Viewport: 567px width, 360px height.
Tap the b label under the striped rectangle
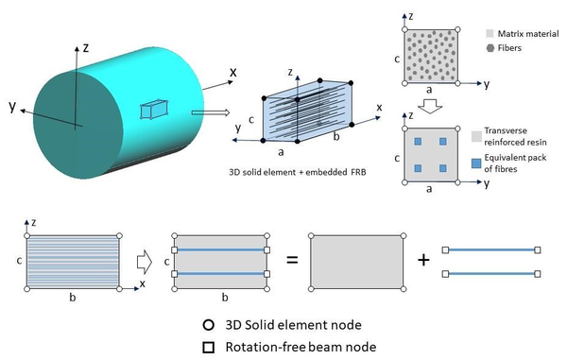pyautogui.click(x=74, y=296)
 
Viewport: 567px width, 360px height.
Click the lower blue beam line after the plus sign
pyautogui.click(x=490, y=274)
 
